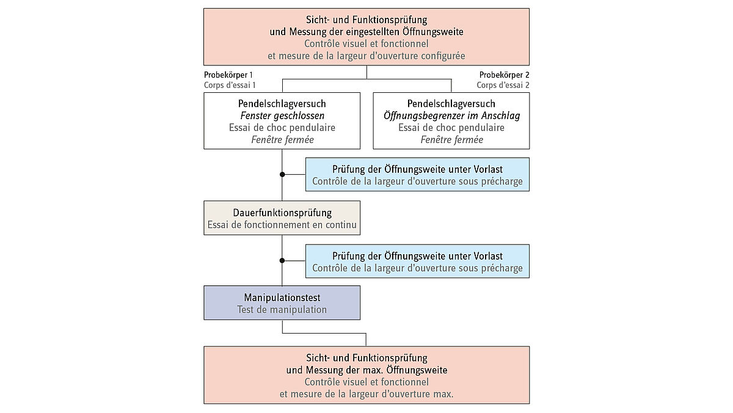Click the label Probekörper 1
pos(229,75)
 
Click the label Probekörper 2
pos(504,75)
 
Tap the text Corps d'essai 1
pos(230,85)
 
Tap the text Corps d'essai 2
pos(503,85)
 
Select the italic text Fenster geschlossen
pos(282,115)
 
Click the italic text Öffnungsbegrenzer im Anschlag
pos(451,115)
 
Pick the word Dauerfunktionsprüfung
pos(282,213)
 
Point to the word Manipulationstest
pos(282,298)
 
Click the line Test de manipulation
pos(282,310)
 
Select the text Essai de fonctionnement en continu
pos(282,225)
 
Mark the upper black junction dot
pos(282,174)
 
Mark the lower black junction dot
pos(282,261)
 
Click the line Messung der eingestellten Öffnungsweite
pos(366,31)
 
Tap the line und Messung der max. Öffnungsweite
pos(366,370)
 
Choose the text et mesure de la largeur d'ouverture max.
pos(366,394)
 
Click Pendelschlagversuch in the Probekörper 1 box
pos(282,103)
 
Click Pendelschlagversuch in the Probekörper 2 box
pos(451,103)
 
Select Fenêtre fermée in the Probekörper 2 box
pos(451,140)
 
